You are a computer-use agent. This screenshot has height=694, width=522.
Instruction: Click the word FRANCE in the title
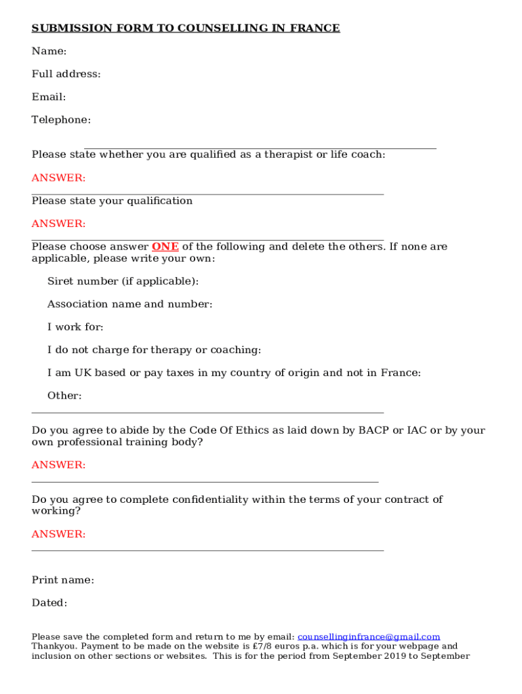tap(315, 28)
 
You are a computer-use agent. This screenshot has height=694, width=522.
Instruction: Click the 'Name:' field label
tap(49, 52)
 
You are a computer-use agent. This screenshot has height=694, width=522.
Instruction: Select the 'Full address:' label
tap(66, 75)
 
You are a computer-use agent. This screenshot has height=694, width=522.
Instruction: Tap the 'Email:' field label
tap(49, 98)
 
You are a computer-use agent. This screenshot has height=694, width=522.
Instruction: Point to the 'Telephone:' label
tap(61, 120)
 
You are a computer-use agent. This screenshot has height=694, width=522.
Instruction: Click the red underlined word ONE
tap(165, 247)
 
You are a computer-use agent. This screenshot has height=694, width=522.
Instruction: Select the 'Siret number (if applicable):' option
tap(123, 281)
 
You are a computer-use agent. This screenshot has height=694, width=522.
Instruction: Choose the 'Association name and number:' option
tap(129, 304)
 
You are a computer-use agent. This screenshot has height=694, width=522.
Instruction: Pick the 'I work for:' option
tap(75, 327)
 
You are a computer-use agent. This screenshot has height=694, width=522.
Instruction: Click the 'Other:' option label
tap(64, 396)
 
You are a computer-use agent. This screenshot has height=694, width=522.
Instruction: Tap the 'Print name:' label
tap(63, 580)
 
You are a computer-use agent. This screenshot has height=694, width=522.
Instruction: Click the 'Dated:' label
tap(49, 603)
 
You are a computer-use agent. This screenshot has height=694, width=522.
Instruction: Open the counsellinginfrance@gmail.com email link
tap(369, 637)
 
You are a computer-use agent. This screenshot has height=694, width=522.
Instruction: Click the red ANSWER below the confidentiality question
tap(59, 534)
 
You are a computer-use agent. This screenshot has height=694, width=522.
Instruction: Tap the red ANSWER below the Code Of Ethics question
tap(59, 465)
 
